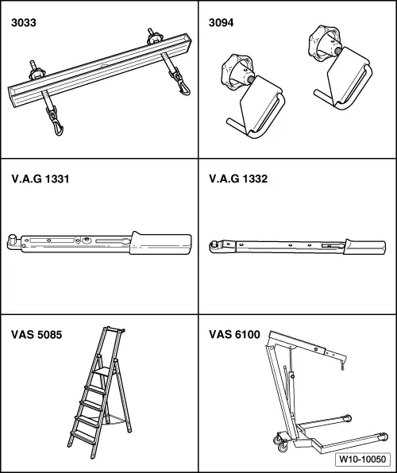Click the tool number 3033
click(24, 23)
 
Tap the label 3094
click(221, 23)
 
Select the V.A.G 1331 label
click(40, 179)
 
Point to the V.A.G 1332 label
click(238, 179)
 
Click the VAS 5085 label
click(37, 335)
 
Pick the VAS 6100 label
click(234, 335)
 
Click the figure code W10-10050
click(363, 460)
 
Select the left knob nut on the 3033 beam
click(37, 73)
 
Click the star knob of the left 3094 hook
click(236, 71)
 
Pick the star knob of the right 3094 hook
click(324, 42)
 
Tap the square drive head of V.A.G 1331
click(13, 241)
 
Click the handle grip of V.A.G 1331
click(160, 244)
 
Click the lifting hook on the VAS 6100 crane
click(342, 367)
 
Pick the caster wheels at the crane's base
click(281, 443)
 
